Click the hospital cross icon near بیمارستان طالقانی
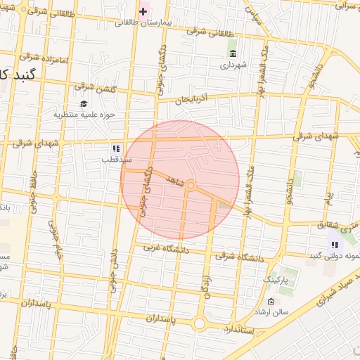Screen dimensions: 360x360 (143, 11)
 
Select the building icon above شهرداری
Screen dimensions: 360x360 (233, 53)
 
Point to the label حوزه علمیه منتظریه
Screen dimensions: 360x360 (84, 114)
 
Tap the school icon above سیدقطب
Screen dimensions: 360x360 (116, 149)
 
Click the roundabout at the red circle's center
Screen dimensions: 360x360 (191, 185)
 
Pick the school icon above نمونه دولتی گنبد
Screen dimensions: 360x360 (335, 245)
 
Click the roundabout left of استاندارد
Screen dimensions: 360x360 (200, 324)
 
